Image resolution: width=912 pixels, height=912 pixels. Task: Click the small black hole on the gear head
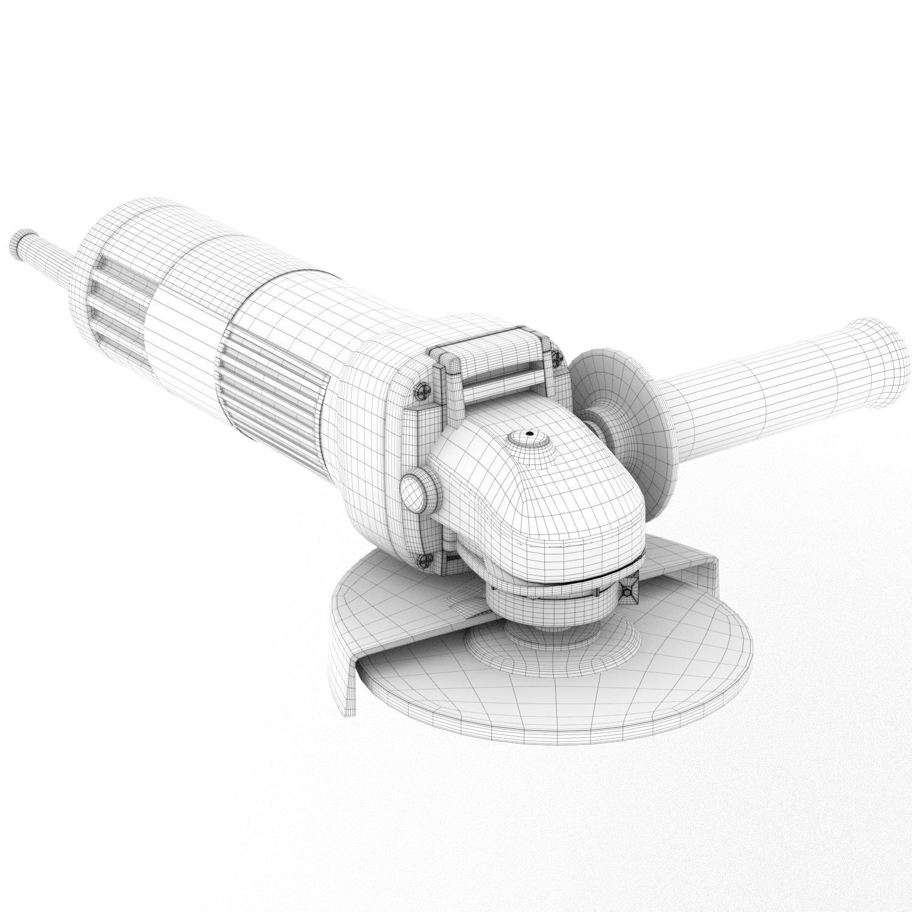(x=530, y=434)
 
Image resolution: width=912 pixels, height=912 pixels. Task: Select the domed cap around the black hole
(x=530, y=441)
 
